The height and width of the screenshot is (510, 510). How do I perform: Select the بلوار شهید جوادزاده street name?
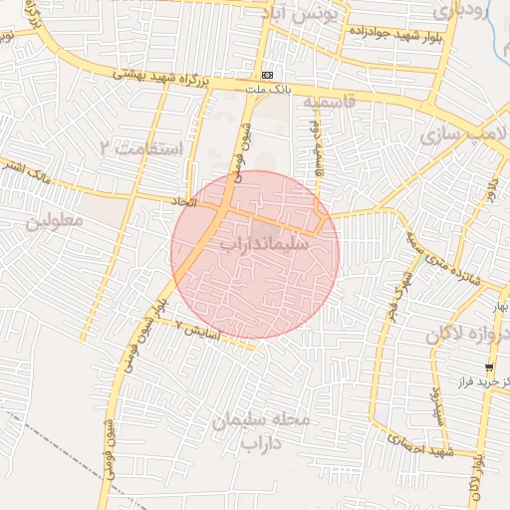394,35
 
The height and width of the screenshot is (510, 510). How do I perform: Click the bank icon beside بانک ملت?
267,75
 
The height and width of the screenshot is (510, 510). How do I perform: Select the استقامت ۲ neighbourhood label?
149,148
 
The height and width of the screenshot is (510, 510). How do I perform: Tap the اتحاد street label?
184,202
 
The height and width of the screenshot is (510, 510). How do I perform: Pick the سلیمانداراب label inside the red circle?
263,242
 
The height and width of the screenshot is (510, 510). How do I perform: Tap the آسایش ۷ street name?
195,326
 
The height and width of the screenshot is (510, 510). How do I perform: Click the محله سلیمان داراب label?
262,431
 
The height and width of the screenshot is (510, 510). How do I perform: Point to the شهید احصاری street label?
411,447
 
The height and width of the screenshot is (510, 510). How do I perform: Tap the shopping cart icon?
488,369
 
